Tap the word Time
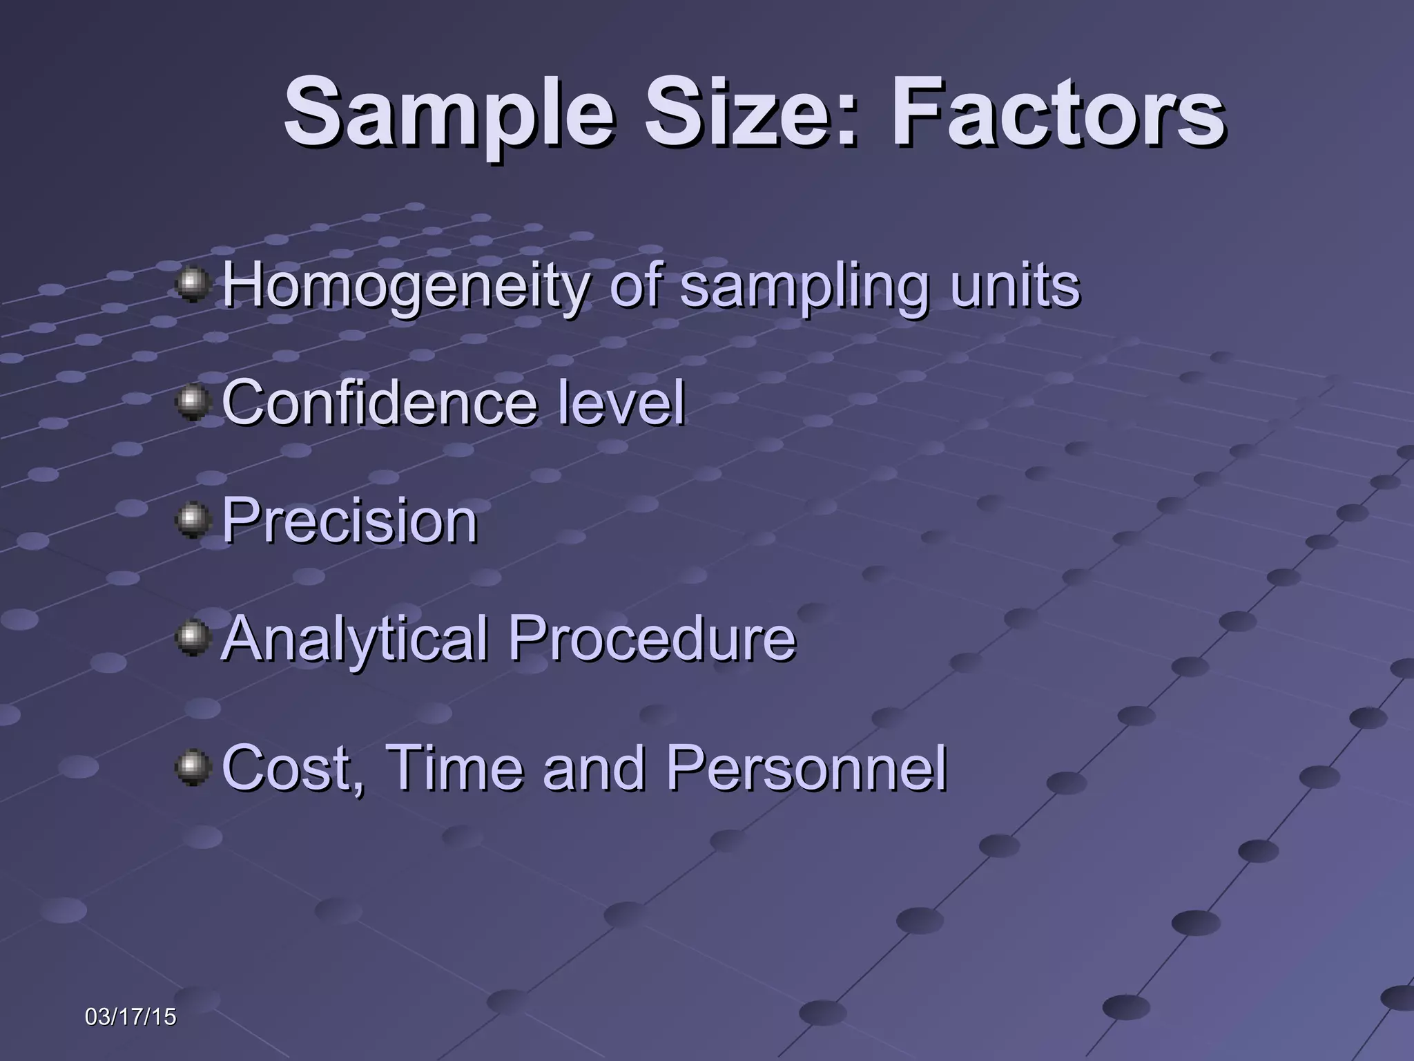(453, 767)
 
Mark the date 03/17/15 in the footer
(130, 1017)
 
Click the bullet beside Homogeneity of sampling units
(193, 285)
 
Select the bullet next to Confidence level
(193, 402)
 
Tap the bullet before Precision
(193, 520)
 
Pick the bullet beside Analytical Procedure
(193, 638)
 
